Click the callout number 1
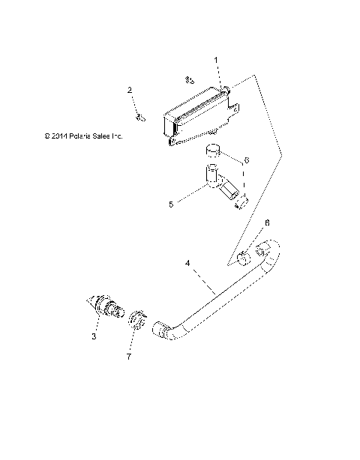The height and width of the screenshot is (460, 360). pyautogui.click(x=216, y=58)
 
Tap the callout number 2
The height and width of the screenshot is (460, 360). pyautogui.click(x=130, y=91)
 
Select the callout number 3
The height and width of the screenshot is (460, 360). pyautogui.click(x=94, y=337)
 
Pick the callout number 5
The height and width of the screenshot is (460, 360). pyautogui.click(x=171, y=203)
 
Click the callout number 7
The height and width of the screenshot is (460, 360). pyautogui.click(x=129, y=357)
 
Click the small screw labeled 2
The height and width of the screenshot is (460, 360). pyautogui.click(x=139, y=116)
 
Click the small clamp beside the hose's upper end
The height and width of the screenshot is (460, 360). pyautogui.click(x=243, y=259)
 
